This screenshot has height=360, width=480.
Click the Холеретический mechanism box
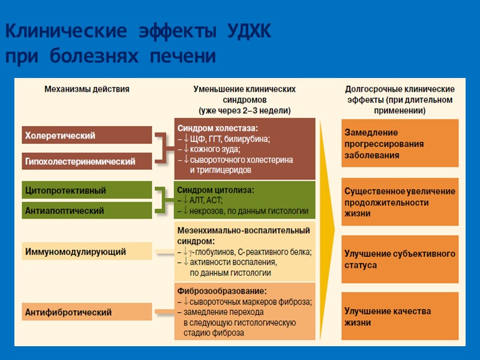[86, 136]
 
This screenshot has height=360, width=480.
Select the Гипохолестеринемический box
[86, 161]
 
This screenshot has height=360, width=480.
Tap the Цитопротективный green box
[86, 191]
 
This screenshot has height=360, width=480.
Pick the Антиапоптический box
[86, 211]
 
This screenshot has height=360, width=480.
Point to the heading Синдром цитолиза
[215, 190]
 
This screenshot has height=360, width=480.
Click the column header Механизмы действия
[86, 89]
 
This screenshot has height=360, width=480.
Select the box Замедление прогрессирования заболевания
[400, 143]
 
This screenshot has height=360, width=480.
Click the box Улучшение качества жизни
[400, 317]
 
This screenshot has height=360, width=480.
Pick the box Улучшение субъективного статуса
[400, 259]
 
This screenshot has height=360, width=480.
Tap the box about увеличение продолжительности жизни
[400, 202]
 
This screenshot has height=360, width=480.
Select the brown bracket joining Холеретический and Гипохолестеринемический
[162, 148]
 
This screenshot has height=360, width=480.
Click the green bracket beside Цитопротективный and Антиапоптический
[161, 200]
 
